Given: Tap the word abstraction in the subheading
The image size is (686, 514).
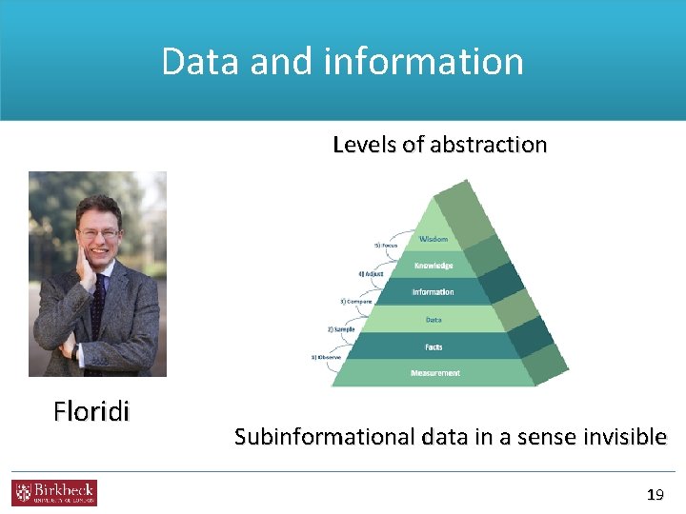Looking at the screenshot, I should click(488, 145).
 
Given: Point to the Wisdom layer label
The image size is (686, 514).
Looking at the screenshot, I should click(434, 239).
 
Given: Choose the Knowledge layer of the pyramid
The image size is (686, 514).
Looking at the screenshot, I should click(434, 266).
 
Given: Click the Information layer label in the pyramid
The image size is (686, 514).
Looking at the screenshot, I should click(434, 292).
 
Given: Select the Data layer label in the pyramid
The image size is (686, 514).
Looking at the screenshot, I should click(434, 320).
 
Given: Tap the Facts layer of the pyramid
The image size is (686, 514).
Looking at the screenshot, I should click(434, 347).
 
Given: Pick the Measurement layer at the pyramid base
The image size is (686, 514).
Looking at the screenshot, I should click(434, 373).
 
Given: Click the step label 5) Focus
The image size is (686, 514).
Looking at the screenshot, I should click(386, 246).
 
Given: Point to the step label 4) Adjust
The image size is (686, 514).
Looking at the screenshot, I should click(373, 273).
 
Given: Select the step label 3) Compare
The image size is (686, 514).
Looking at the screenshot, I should click(356, 301).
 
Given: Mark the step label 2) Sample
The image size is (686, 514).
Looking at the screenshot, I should click(341, 329).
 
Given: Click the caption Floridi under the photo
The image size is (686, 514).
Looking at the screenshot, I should click(91, 411).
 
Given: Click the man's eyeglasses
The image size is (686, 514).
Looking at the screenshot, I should click(98, 232).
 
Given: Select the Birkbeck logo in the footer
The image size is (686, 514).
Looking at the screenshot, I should click(54, 492).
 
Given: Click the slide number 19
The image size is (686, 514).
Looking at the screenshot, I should click(655, 495).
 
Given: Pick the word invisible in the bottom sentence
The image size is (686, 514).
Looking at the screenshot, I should click(618, 437).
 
